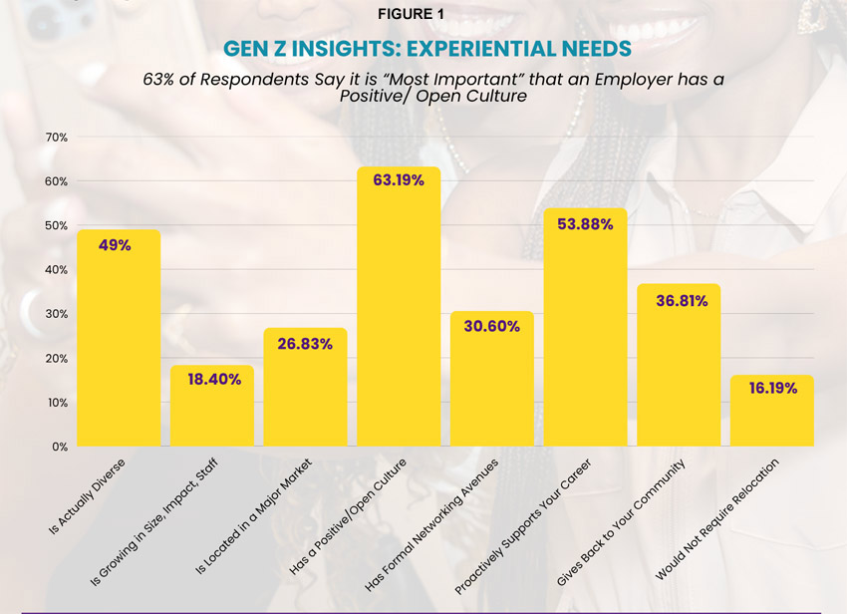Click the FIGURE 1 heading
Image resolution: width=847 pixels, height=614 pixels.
[423, 14]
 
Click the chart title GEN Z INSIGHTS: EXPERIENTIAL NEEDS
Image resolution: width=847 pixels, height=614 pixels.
[423, 48]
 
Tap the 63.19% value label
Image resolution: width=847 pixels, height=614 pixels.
[399, 180]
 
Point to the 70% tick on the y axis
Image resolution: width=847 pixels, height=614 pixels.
[56, 137]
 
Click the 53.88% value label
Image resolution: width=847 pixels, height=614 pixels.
[586, 224]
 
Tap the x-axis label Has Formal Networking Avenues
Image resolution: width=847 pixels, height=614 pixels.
[431, 524]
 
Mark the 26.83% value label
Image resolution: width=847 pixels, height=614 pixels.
[305, 344]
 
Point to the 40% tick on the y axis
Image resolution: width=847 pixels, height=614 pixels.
[56, 269]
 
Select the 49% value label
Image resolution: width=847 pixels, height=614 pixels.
[115, 244]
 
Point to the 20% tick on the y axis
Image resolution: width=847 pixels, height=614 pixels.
[56, 358]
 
